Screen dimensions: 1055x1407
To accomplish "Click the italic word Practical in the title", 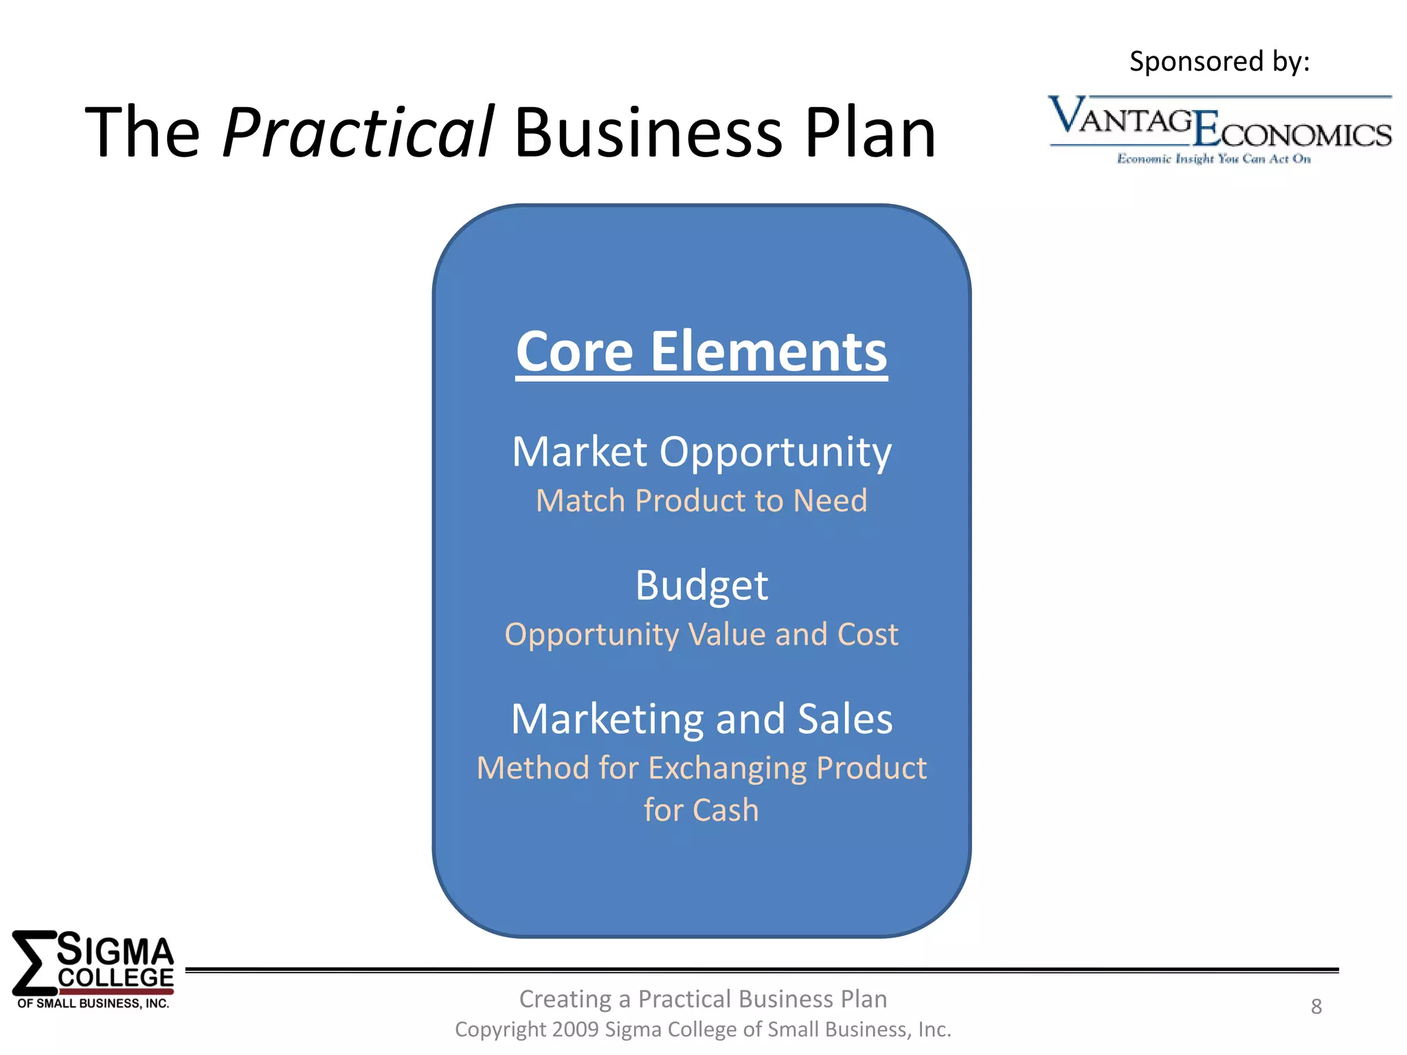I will (357, 133).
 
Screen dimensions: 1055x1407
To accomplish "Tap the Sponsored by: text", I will (1219, 62).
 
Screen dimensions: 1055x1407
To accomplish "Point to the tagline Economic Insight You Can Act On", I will (1213, 159).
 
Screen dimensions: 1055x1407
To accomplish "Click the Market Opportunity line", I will (701, 452).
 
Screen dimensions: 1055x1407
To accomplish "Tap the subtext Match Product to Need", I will (701, 501).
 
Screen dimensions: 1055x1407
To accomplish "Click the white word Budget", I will (701, 586).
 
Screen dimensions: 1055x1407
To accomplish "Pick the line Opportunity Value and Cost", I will (701, 635).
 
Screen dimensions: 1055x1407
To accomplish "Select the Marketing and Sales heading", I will (701, 719).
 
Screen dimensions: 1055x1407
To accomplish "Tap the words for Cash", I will (701, 810).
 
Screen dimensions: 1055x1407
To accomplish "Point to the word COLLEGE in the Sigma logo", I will (115, 978).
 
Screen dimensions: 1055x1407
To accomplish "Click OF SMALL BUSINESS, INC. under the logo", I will (93, 1003).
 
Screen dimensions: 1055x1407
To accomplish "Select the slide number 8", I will (1316, 1006).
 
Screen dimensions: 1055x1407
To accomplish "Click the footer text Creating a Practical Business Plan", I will (703, 999).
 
